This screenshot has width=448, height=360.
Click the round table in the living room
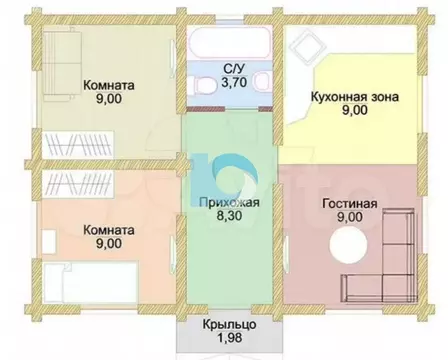(x=353, y=244)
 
